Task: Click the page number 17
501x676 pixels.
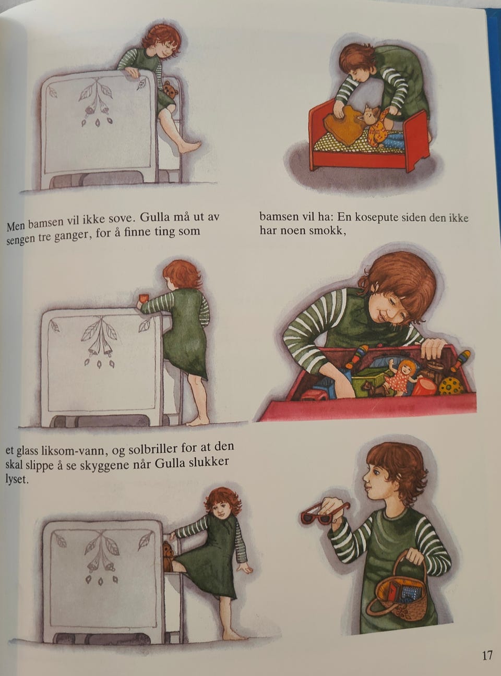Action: click(487, 655)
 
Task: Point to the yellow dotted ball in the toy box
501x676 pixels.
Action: click(451, 386)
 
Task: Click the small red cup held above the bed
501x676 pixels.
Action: click(141, 298)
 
